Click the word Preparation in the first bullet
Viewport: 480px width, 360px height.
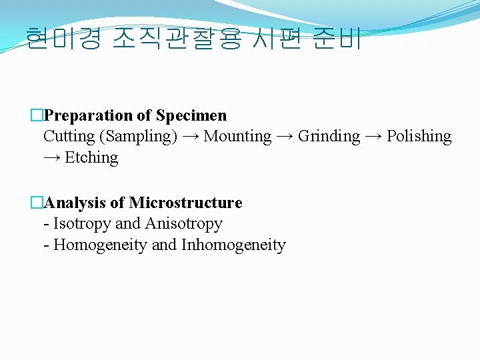point(89,115)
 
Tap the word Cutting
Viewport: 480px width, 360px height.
point(69,137)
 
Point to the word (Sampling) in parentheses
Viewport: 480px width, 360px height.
point(138,137)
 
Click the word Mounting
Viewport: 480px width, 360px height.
point(237,137)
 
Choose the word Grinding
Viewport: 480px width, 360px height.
point(329,137)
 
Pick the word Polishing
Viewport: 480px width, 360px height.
point(419,137)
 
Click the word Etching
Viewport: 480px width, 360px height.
point(91,158)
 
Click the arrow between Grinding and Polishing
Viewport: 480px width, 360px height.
point(373,137)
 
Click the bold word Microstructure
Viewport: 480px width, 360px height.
point(185,203)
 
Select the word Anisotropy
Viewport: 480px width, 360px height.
point(184,224)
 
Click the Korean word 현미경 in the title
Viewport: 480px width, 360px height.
point(63,39)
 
